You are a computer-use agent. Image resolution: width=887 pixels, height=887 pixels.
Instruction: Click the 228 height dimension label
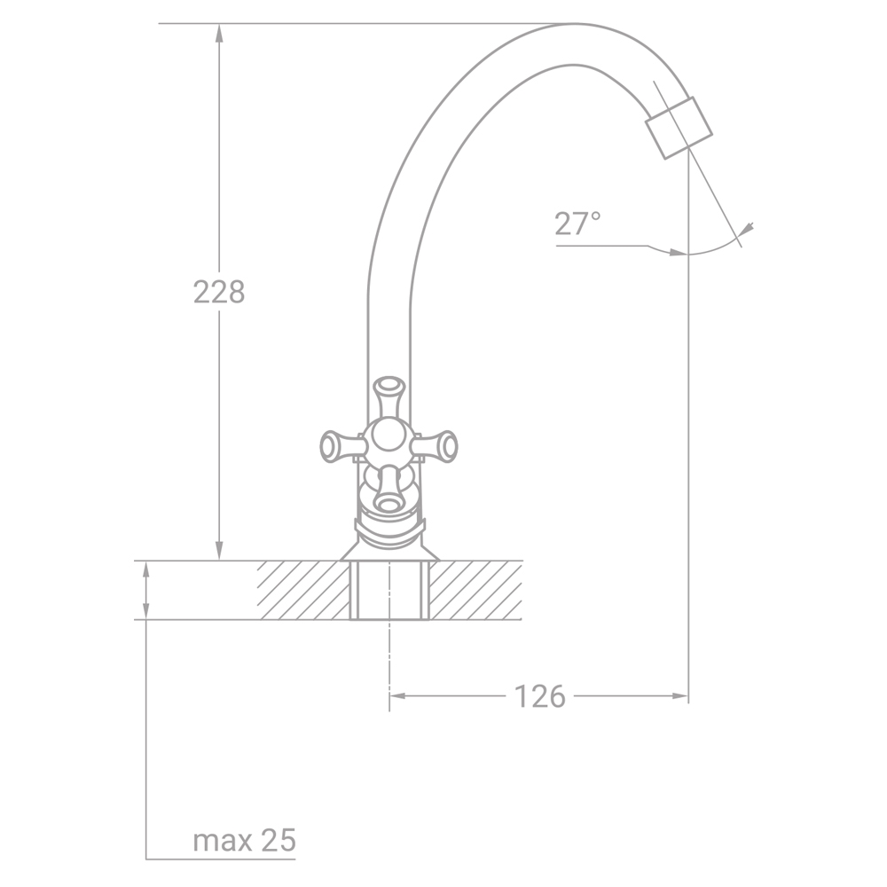click(219, 293)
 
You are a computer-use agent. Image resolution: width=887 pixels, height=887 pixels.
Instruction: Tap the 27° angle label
click(577, 224)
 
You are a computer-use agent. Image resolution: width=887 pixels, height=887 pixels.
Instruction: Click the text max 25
click(245, 841)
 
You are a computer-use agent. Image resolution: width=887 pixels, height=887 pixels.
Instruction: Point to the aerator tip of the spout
click(679, 128)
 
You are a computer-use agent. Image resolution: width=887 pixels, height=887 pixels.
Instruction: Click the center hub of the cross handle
click(389, 442)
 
